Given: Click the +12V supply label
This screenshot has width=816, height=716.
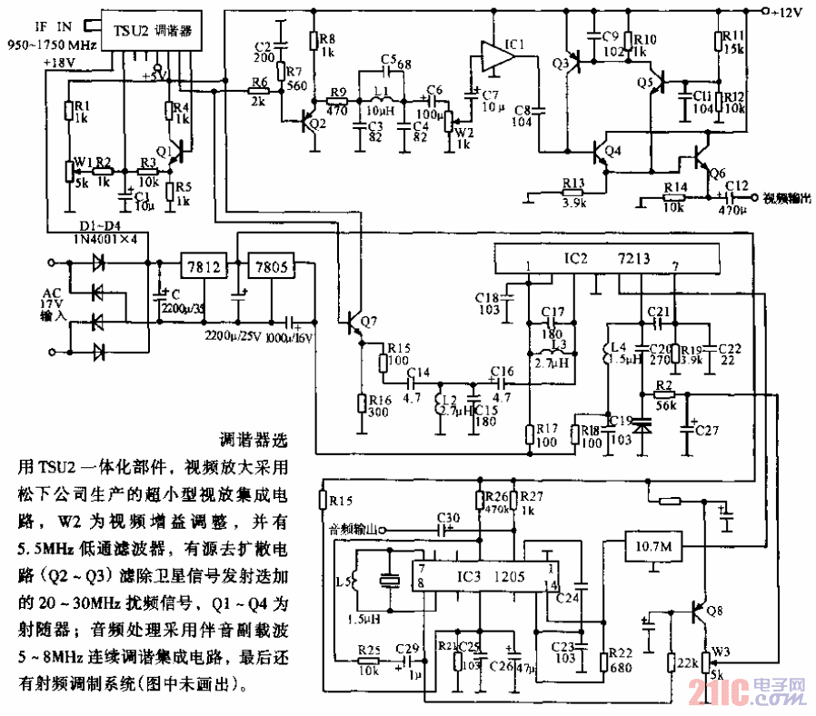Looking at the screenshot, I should [787, 13].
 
